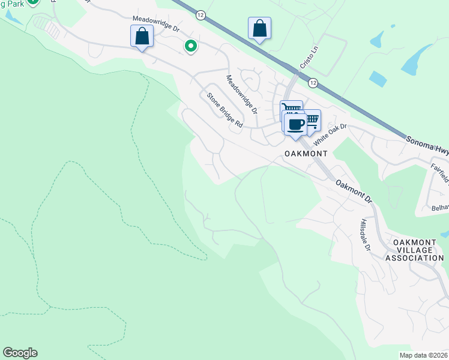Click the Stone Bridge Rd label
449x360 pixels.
click(x=224, y=110)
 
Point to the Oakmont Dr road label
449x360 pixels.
click(x=354, y=191)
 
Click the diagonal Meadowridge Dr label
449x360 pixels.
click(x=241, y=94)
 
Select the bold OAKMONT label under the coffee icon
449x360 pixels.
click(x=306, y=154)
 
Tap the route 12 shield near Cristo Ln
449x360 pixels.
click(x=313, y=81)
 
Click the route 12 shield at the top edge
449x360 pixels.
click(x=200, y=14)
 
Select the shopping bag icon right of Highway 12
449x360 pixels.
click(x=259, y=28)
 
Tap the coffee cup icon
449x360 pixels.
click(x=295, y=124)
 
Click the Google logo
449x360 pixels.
click(x=20, y=353)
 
